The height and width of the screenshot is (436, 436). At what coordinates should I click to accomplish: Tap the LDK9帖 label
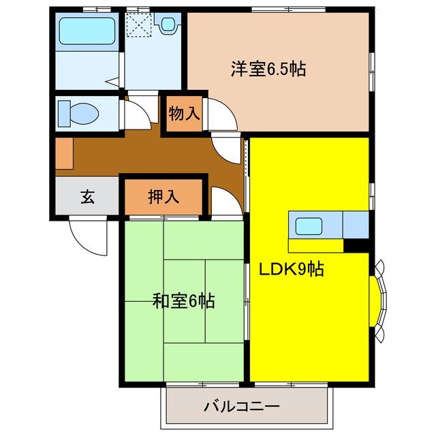[290, 268]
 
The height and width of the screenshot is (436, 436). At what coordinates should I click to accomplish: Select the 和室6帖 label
[183, 300]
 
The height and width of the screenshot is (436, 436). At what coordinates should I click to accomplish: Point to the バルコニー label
[241, 408]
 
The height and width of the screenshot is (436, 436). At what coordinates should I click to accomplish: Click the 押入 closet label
[163, 197]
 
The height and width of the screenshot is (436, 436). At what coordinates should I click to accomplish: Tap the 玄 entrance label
[87, 198]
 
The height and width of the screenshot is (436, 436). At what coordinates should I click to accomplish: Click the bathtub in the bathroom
[86, 31]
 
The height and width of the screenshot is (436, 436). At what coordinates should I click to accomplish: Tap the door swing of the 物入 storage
[221, 116]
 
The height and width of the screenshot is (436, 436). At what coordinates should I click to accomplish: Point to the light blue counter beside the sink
[356, 225]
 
